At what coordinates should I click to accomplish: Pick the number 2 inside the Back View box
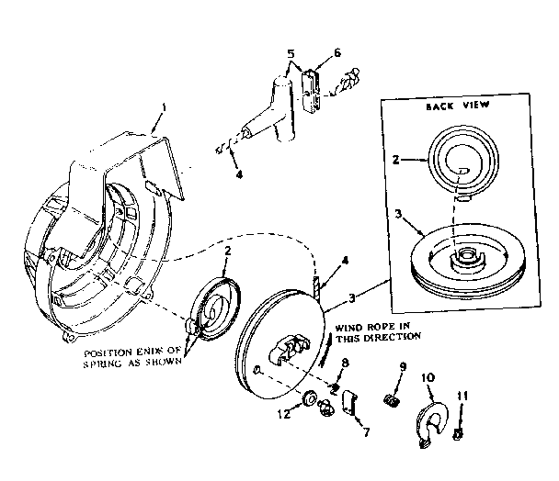point(395,159)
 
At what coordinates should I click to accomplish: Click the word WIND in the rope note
point(348,326)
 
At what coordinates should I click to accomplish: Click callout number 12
point(283,414)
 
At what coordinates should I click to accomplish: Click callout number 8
point(344,364)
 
